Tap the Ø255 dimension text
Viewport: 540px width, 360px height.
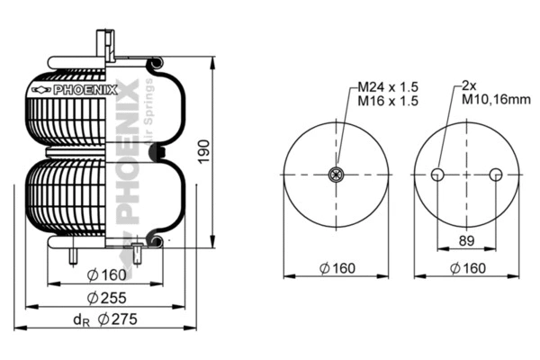coord(105,296)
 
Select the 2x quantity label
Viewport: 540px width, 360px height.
coord(468,85)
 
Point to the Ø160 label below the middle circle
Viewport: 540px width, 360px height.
coord(337,266)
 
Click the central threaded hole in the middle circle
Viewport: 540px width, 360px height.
coord(337,174)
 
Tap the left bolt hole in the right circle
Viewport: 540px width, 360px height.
coord(436,175)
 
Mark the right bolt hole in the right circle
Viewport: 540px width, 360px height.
coord(494,175)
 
